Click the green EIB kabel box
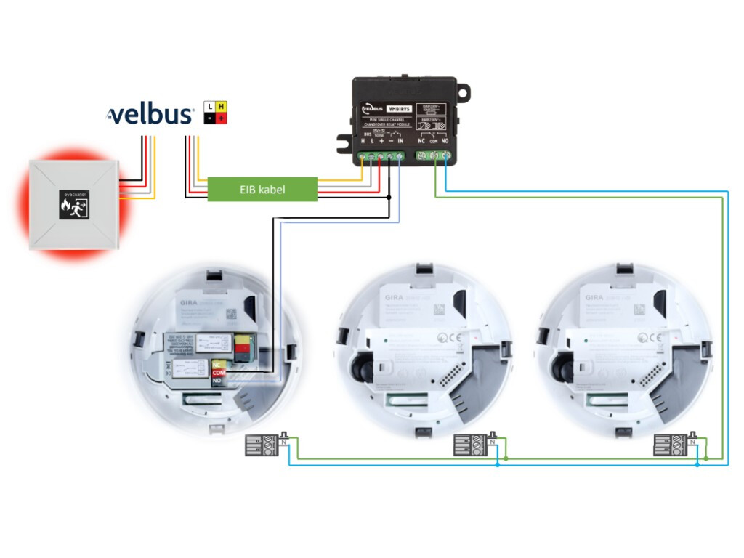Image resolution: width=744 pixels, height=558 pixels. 263,190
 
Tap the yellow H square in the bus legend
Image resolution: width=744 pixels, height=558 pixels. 221,106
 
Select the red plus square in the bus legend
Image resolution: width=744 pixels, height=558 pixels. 221,118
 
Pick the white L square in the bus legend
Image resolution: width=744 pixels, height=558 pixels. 209,106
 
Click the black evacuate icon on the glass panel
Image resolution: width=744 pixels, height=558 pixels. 73,206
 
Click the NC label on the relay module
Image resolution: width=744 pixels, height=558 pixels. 421,140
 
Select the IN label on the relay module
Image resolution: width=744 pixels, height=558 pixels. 400,140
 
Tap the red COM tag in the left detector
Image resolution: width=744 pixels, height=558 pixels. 217,373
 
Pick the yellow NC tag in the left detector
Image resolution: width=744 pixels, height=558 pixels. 217,365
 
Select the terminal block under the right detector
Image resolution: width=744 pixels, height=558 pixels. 671,445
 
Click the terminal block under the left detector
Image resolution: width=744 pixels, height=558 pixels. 263,445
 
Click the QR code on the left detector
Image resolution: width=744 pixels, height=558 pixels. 232,314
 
